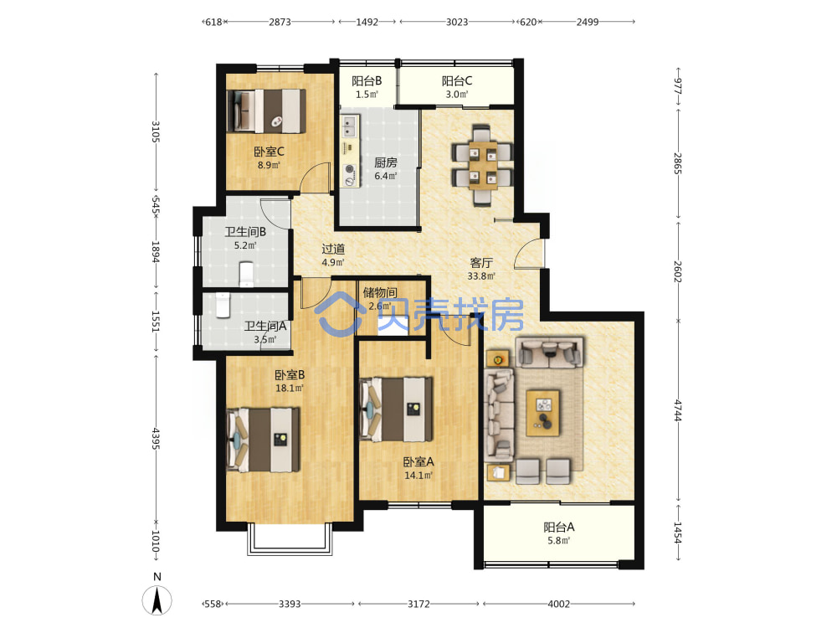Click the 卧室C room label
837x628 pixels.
point(269,152)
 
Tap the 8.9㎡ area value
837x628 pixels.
point(269,165)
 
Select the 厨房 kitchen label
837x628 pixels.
point(385,162)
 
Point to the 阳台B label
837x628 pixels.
point(367,81)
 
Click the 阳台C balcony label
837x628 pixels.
point(457,81)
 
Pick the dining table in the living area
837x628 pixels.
point(483,165)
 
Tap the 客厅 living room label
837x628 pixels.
point(481,263)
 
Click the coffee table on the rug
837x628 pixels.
point(543,413)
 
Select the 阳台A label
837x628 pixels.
point(559,527)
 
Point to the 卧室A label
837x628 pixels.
point(418,461)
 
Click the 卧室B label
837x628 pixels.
point(290,375)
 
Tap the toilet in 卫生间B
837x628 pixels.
point(246,273)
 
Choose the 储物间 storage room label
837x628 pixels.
point(380,292)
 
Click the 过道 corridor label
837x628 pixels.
point(333,249)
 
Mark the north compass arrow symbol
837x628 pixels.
point(157,600)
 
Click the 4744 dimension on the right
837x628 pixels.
point(678,410)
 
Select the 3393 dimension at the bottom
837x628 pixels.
point(290,604)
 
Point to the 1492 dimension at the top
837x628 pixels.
point(367,22)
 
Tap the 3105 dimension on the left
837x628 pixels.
point(156,131)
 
